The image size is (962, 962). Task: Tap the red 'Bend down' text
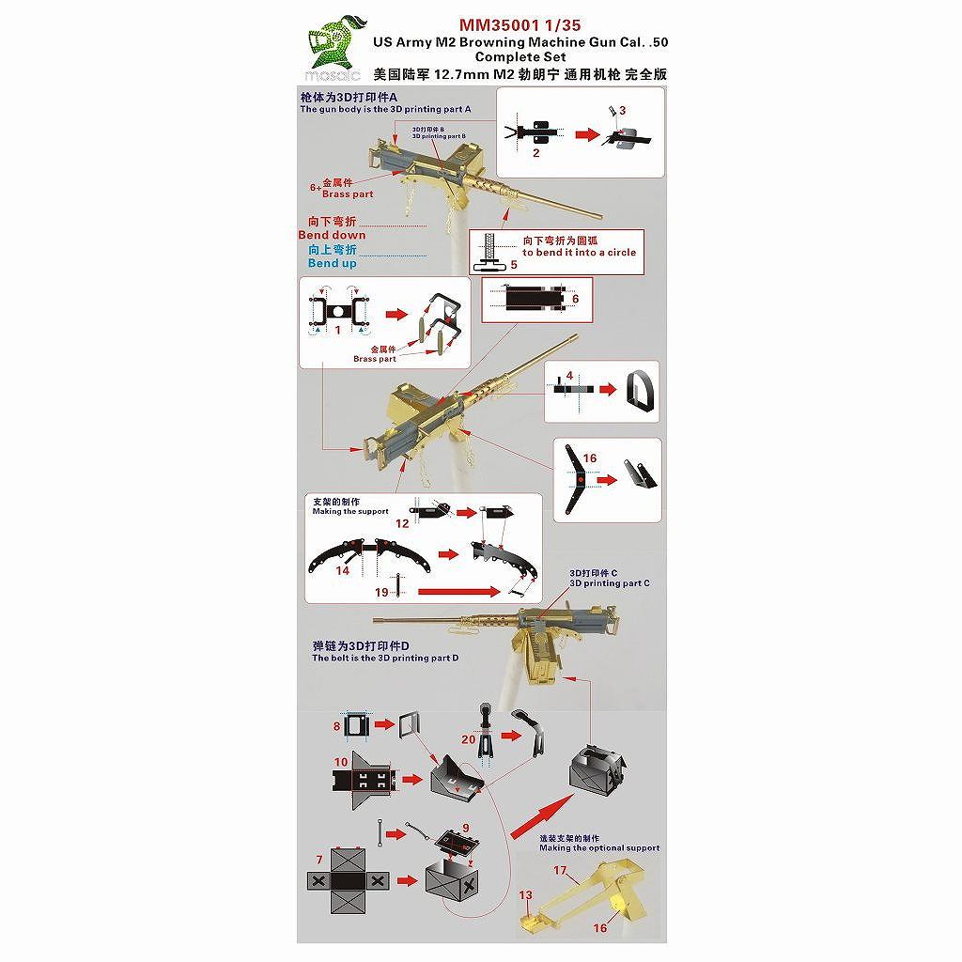332,234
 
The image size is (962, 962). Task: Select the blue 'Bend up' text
332,263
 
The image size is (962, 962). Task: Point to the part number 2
535,152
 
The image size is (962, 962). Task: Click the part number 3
622,110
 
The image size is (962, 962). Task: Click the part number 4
569,375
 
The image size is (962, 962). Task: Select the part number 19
380,592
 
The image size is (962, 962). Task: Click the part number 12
401,522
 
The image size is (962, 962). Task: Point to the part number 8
336,726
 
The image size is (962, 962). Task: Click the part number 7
319,859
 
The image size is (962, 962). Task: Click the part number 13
525,894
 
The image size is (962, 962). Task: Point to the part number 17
560,870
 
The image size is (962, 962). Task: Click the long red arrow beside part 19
457,592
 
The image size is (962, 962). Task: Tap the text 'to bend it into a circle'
579,252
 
